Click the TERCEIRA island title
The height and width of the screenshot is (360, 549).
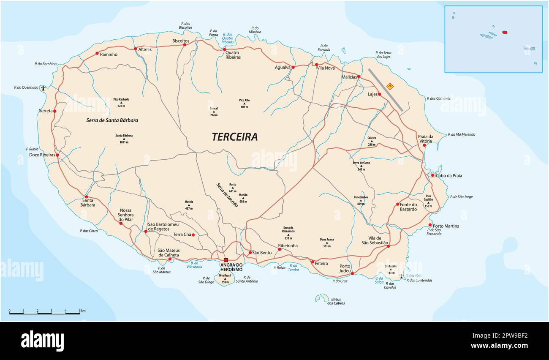[234, 137]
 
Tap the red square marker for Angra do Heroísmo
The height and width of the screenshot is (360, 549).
[226, 260]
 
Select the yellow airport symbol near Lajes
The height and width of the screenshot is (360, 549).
[390, 86]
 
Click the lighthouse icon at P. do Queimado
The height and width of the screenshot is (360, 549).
[43, 88]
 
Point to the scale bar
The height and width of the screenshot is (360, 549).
[44, 313]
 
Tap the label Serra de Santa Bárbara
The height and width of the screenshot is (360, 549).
[112, 120]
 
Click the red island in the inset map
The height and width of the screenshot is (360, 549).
[504, 32]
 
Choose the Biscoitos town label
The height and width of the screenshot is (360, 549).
[181, 41]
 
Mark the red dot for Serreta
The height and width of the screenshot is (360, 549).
[54, 111]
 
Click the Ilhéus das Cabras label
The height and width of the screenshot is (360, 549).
[336, 301]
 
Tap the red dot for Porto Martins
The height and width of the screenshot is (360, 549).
[430, 225]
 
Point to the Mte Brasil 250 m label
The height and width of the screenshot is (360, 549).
[225, 278]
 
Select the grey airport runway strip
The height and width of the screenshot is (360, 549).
[385, 90]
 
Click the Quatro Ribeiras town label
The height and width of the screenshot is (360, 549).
[233, 55]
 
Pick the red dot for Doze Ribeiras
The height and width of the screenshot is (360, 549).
[57, 155]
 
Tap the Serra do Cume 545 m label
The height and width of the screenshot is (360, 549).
[361, 166]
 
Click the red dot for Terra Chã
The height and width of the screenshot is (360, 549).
[193, 235]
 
